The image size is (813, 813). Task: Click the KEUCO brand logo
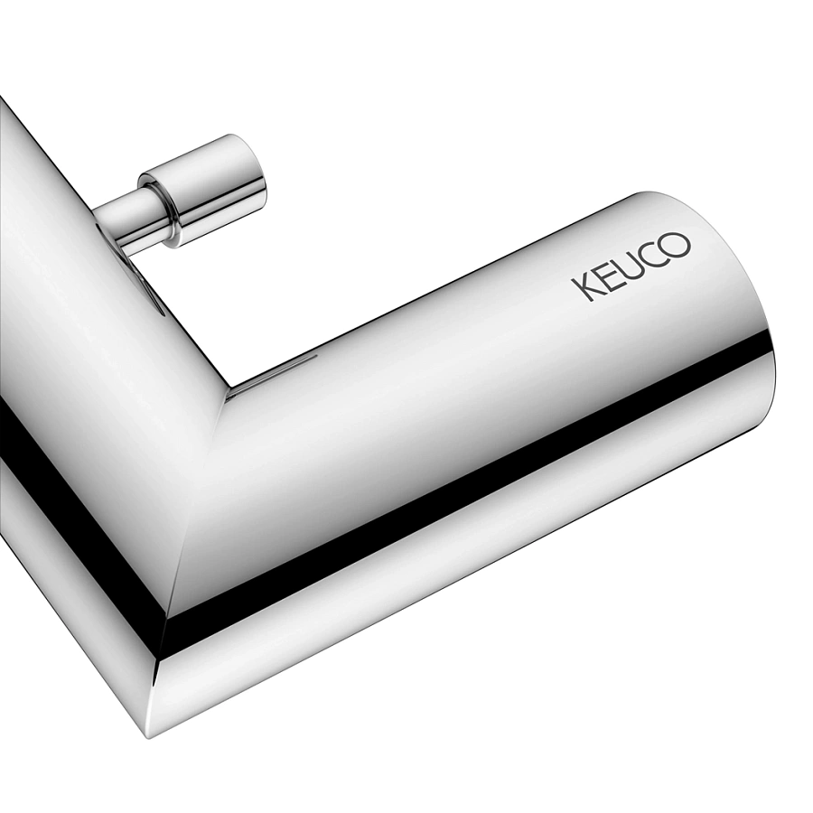coord(631,266)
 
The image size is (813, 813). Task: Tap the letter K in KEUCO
coord(583,289)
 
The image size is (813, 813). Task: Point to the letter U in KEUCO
coord(629,267)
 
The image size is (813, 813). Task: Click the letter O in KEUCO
coord(677,245)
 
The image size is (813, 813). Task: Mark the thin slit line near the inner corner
coord(271,377)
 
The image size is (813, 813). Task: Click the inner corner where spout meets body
coord(226,397)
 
